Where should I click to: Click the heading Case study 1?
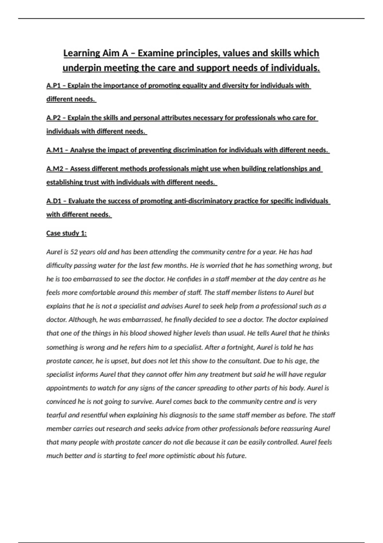click(x=66, y=233)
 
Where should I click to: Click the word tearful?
click(x=56, y=415)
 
